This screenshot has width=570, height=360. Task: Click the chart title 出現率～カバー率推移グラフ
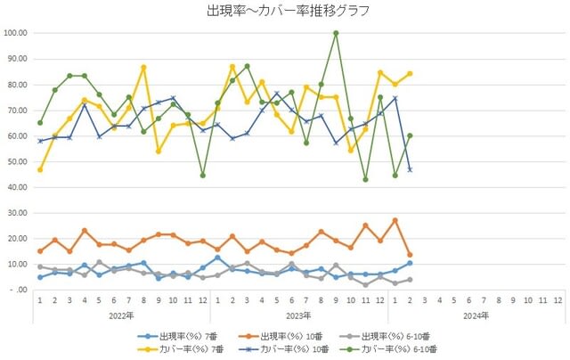(287, 12)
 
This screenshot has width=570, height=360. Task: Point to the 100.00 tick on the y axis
(16, 33)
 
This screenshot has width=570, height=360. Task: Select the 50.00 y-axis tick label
(16, 161)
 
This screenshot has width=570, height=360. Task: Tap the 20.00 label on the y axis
(16, 239)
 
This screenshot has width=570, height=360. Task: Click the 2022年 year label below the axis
(121, 315)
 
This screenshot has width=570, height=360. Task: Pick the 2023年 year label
(298, 315)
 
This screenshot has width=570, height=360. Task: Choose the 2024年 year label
(476, 315)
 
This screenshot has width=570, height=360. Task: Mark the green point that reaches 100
(336, 33)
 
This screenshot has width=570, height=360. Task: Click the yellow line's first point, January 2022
(40, 169)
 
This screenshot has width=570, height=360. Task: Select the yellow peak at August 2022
(143, 68)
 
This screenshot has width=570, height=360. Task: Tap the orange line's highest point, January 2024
(395, 220)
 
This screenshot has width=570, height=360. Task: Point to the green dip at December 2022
(202, 176)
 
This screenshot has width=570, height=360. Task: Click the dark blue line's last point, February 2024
(410, 169)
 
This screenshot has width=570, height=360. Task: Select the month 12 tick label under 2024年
(558, 301)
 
